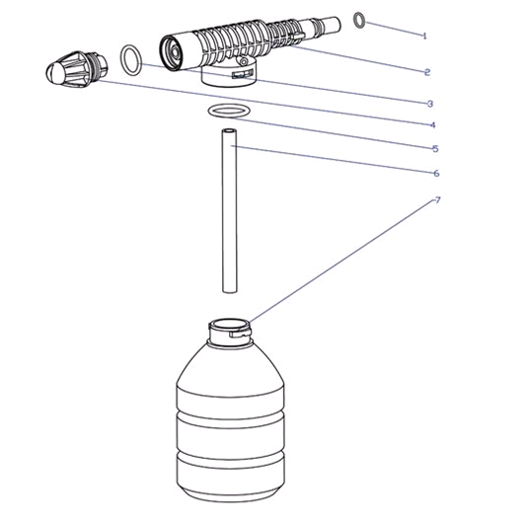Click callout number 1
(x=424, y=36)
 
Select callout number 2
(x=427, y=72)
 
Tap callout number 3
(x=430, y=104)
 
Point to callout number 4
(x=432, y=125)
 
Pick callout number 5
(x=435, y=148)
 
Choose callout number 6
(x=436, y=173)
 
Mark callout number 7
(x=437, y=200)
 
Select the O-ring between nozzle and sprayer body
(x=122, y=60)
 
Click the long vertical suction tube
(x=230, y=210)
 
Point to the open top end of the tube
(x=230, y=130)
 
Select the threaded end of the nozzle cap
(x=100, y=65)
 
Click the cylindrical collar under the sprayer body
(x=230, y=76)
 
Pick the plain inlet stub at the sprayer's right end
(x=332, y=24)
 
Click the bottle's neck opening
(x=229, y=325)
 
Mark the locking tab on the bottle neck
(x=240, y=333)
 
